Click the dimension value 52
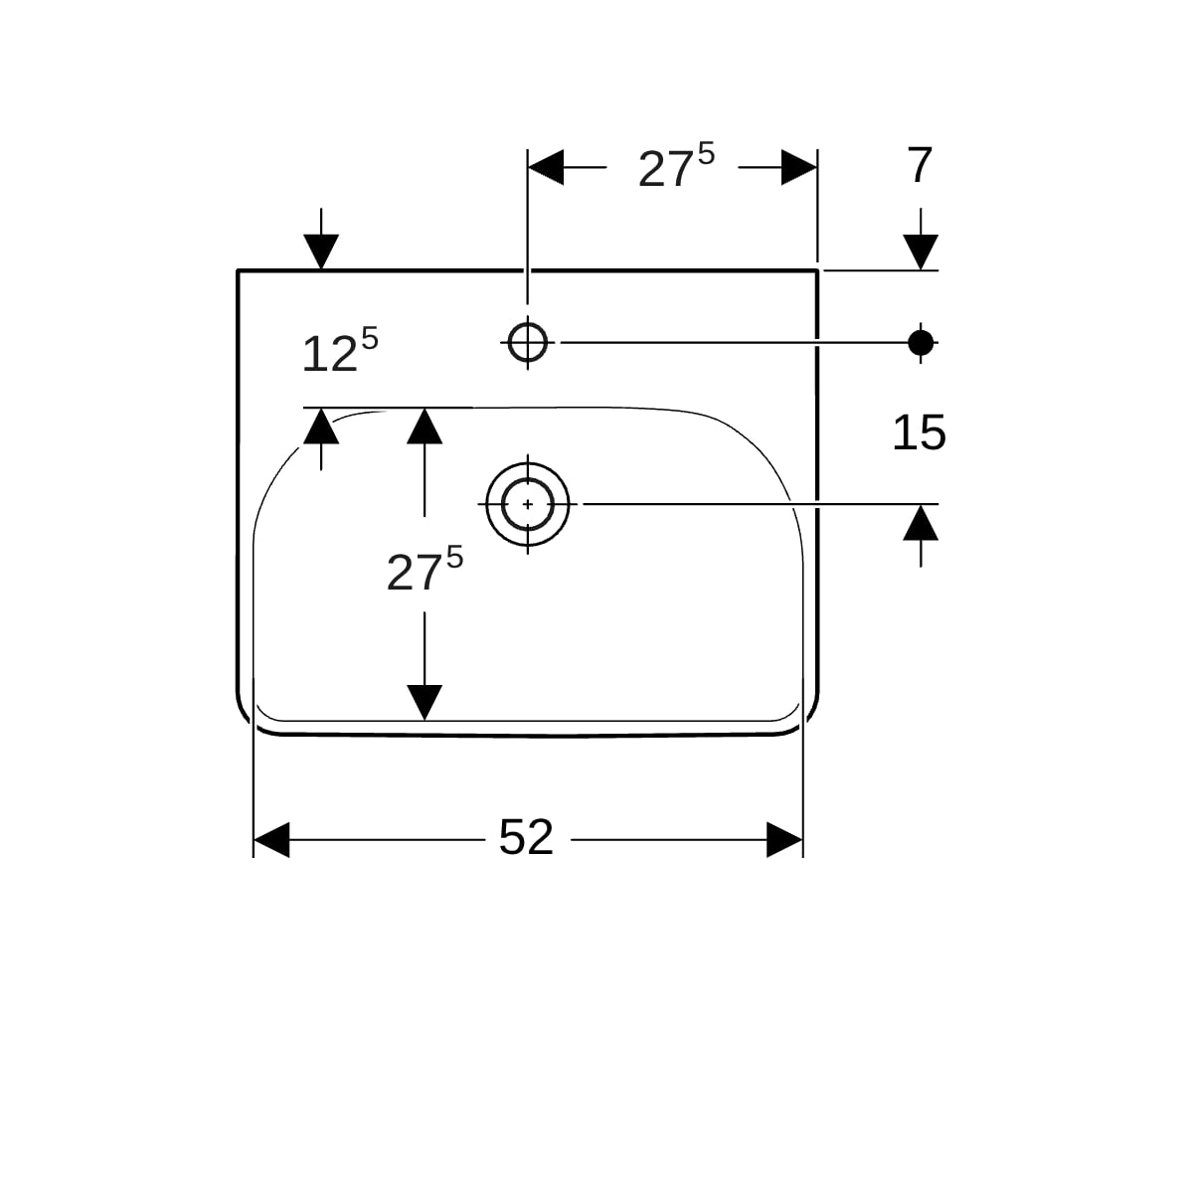(526, 838)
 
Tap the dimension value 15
(919, 432)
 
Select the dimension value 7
(920, 165)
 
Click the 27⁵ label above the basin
(676, 165)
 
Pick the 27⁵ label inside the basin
(425, 569)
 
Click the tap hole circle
(528, 342)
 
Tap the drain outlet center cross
(528, 505)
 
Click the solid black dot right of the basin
(921, 342)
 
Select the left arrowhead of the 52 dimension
(271, 840)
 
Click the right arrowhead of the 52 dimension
(784, 840)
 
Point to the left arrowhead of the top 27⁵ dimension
(546, 167)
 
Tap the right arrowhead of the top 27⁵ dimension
(799, 167)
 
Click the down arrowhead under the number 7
(921, 253)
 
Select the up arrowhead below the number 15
(921, 523)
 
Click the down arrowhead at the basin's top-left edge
(321, 253)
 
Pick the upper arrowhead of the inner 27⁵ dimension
(425, 426)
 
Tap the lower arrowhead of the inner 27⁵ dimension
(425, 703)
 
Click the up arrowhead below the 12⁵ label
(321, 426)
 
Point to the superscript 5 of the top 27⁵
(707, 153)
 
